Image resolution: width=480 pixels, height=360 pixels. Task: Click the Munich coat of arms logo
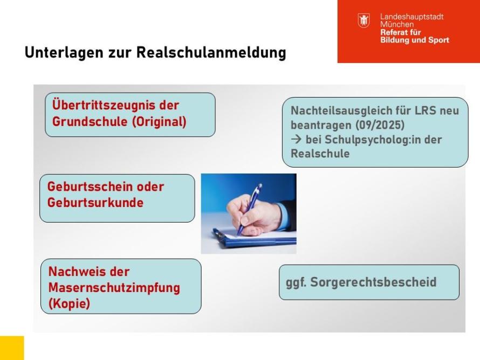(364, 20)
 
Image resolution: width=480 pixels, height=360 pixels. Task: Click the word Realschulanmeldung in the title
(211, 52)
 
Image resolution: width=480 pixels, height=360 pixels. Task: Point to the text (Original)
(159, 121)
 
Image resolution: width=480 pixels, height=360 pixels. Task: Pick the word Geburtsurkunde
(95, 203)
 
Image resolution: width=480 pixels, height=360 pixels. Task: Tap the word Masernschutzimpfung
(114, 288)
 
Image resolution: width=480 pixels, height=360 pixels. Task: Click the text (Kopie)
(69, 303)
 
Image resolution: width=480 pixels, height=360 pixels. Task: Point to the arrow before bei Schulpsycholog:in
(296, 139)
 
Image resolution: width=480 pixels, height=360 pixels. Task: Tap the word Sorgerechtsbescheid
(373, 282)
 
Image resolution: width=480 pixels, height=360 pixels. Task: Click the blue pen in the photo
(249, 209)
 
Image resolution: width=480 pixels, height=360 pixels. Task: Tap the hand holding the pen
(255, 214)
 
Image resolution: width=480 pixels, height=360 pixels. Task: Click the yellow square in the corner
(12, 348)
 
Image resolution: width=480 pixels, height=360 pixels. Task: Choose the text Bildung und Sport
(415, 40)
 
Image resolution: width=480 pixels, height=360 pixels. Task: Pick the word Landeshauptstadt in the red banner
(412, 17)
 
